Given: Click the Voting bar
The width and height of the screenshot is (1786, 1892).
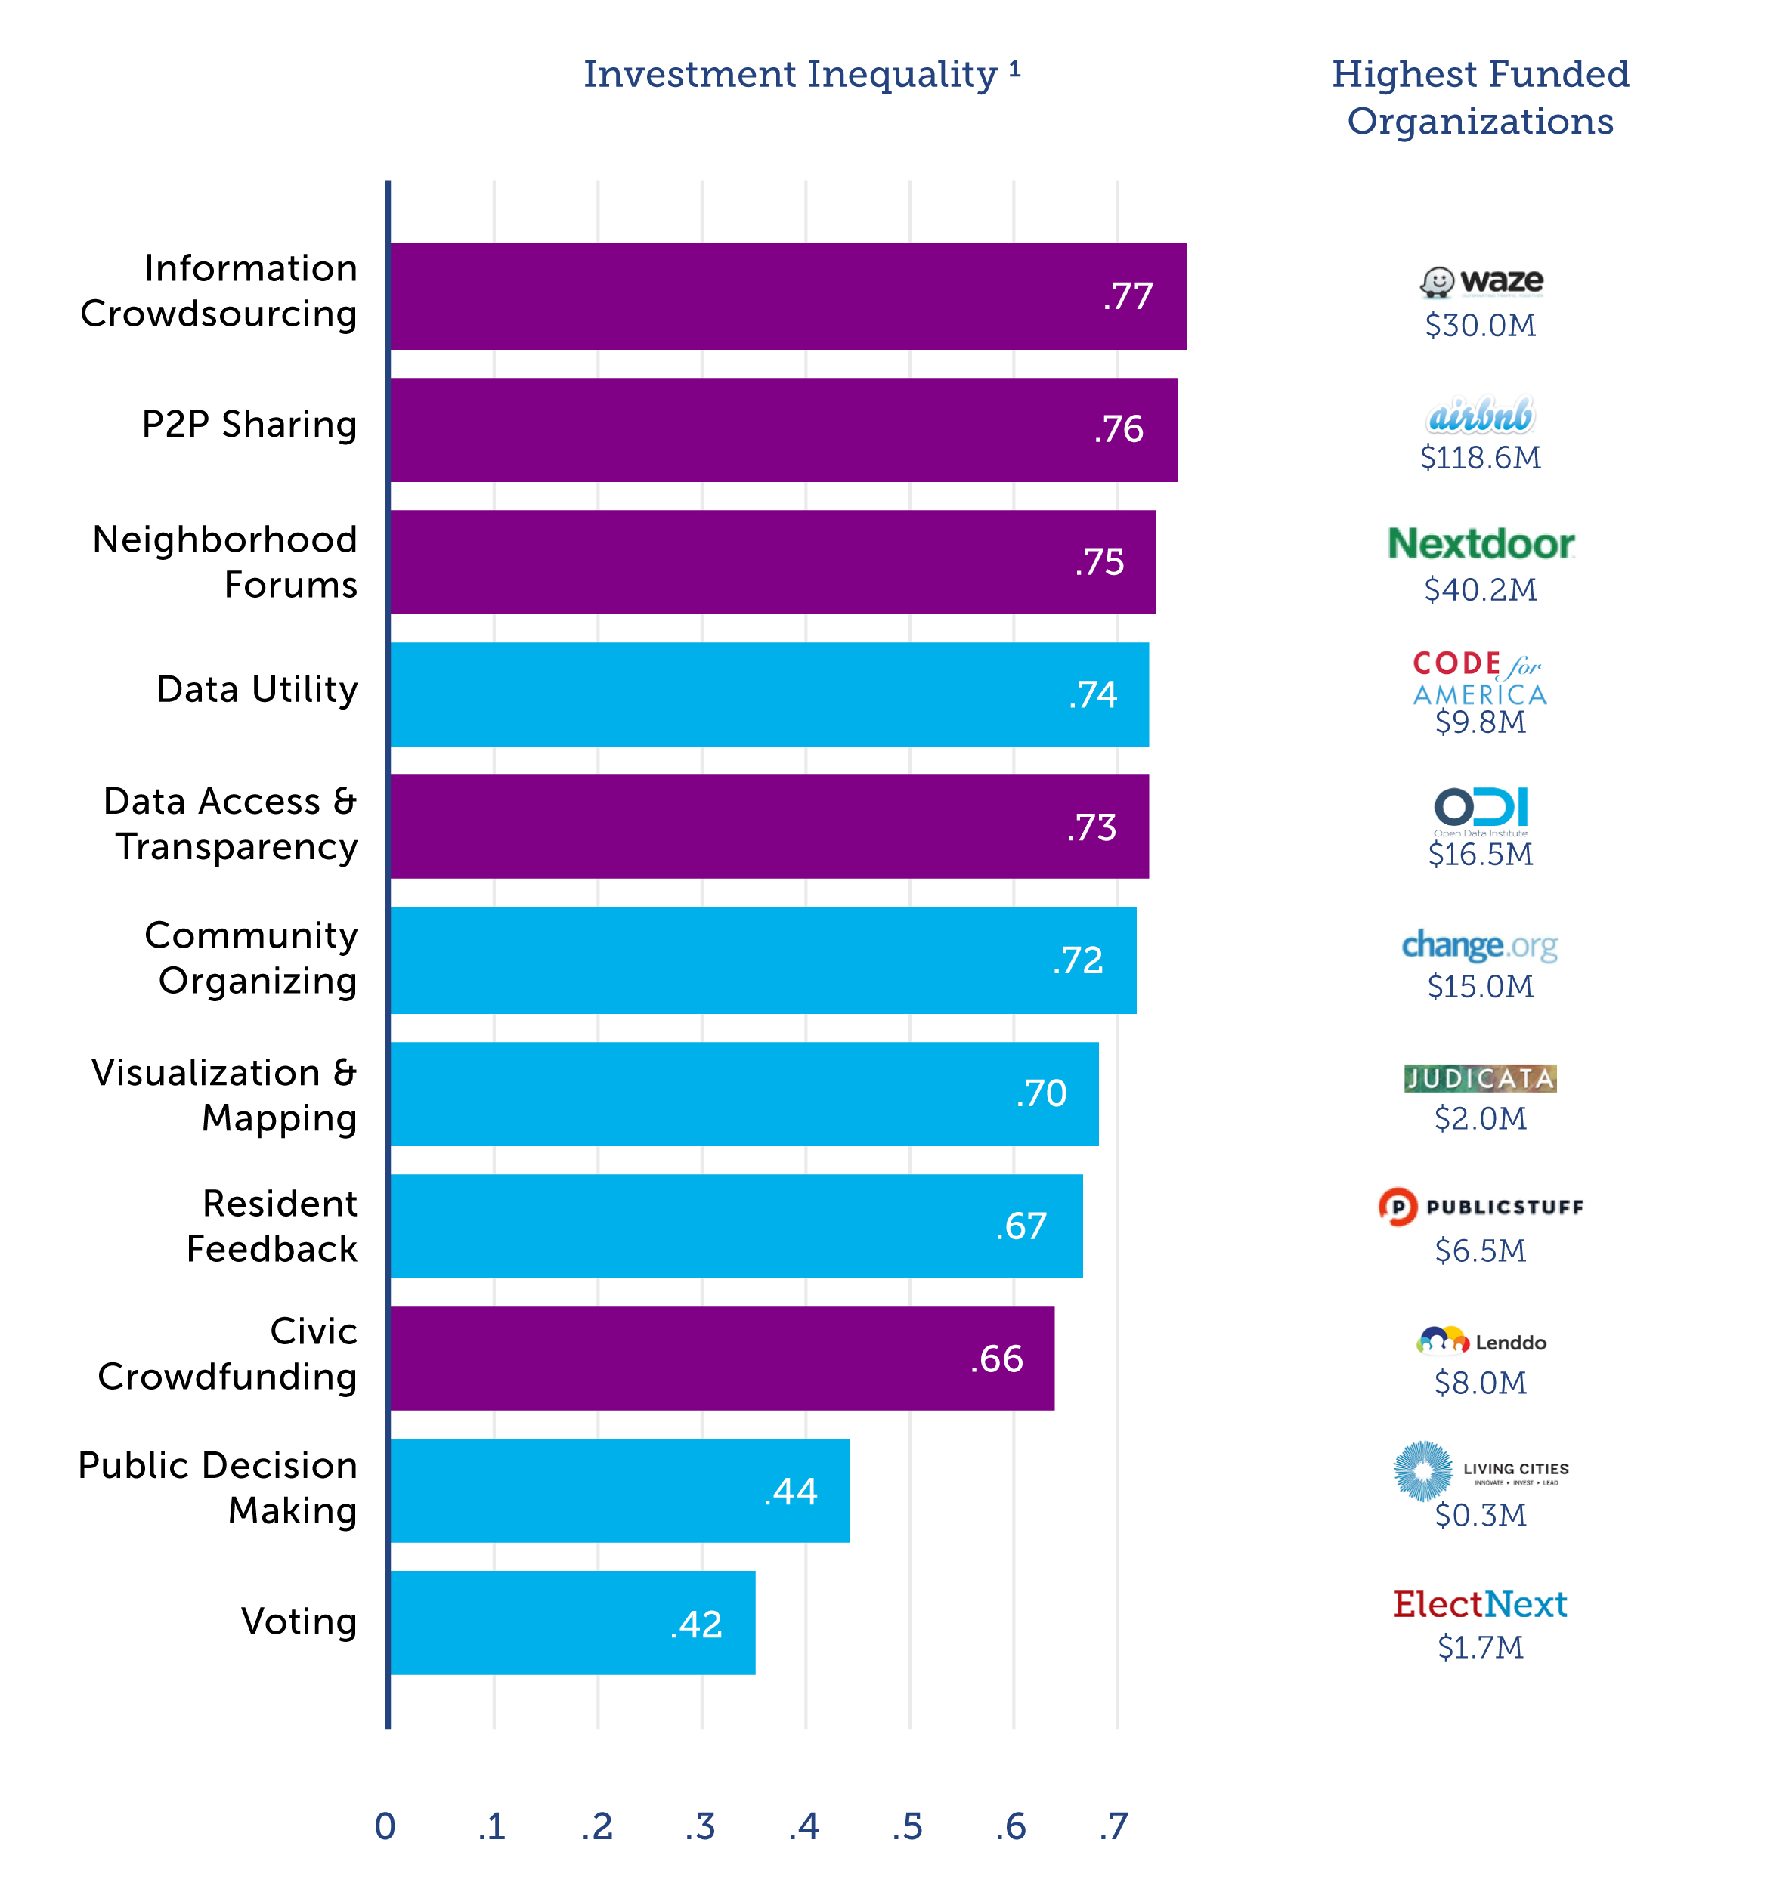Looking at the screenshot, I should [x=572, y=1623].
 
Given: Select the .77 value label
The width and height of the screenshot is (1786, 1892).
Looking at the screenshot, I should [x=1128, y=296].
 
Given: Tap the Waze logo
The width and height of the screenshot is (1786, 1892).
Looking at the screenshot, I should [x=1481, y=282].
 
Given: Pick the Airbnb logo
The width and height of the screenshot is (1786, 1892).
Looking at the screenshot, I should [x=1481, y=416].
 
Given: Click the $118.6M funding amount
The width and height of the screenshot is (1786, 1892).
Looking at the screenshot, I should [x=1481, y=458].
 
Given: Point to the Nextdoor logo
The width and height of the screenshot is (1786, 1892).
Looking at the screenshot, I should [x=1481, y=544].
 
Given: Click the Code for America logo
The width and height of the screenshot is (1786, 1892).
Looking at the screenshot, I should [x=1481, y=678].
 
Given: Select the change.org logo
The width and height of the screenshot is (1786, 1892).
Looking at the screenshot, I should [x=1481, y=945].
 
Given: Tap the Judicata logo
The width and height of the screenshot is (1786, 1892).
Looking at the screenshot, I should [x=1481, y=1078].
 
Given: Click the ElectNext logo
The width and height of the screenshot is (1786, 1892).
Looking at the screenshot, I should [x=1481, y=1605].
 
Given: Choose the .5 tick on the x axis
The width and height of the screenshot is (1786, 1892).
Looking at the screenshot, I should [x=907, y=1826].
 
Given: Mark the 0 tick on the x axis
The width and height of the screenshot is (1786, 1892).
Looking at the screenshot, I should [x=385, y=1826].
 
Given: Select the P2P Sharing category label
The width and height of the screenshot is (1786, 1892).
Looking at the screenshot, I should [x=249, y=425].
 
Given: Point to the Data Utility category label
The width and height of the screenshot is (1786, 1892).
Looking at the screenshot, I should [x=257, y=689].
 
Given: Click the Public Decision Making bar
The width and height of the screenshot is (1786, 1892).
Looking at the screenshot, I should [x=619, y=1490].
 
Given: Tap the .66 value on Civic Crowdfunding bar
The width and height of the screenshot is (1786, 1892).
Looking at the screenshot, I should [x=997, y=1359].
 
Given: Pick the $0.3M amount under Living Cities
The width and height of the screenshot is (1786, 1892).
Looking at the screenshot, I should [x=1481, y=1515].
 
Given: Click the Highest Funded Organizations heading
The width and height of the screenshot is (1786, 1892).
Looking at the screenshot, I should [x=1481, y=97].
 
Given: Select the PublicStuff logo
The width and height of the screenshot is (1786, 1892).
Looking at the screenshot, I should [x=1481, y=1207].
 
